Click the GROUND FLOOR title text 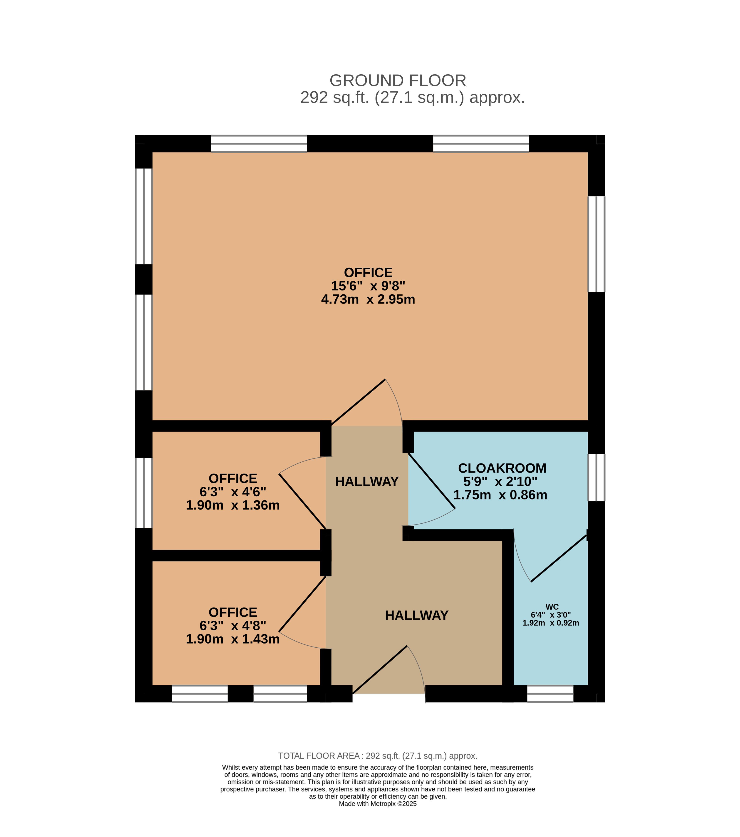click(x=398, y=81)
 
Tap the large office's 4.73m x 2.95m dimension click(x=368, y=299)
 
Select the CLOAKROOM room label click(x=502, y=468)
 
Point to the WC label click(x=552, y=607)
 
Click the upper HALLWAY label click(x=367, y=482)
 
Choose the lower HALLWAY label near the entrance click(x=416, y=615)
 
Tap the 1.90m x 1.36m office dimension click(x=233, y=505)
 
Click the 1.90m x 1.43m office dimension click(x=233, y=639)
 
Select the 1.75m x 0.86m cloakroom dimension click(x=500, y=495)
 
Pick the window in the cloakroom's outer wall click(x=596, y=478)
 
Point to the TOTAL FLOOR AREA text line click(x=378, y=756)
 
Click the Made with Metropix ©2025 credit click(x=378, y=804)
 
